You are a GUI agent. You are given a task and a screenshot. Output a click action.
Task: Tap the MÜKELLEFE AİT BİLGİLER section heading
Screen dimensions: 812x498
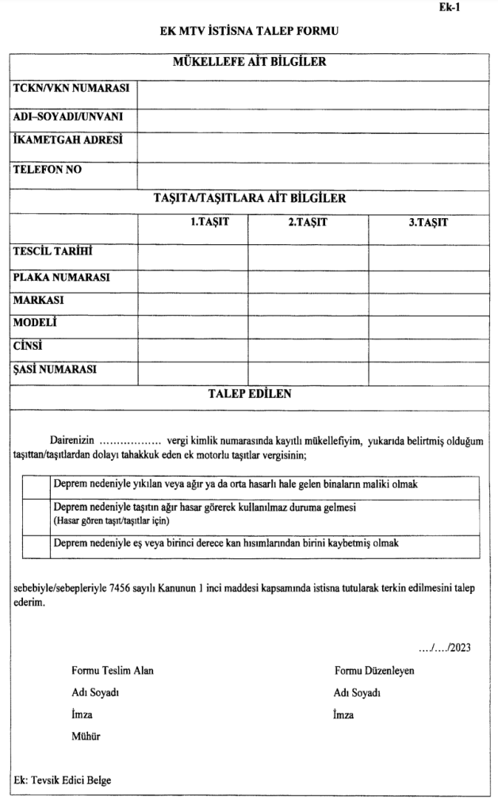coord(249,62)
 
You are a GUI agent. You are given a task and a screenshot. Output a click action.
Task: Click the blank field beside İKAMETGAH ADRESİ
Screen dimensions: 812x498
coord(313,147)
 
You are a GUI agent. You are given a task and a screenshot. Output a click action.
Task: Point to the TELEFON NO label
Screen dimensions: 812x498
coord(48,169)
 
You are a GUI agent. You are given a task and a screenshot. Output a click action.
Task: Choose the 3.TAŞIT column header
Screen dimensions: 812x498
coord(428,222)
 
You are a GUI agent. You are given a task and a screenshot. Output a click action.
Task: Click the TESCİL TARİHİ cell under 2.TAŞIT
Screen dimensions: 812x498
coord(308,255)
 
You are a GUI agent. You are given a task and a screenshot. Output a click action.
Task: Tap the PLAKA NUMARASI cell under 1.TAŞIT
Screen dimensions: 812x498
coord(192,281)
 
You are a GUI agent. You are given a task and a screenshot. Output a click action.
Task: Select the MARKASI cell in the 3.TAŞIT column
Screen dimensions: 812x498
coord(428,304)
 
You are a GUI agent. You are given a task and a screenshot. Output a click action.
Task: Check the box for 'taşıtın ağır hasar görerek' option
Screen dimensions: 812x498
coord(36,514)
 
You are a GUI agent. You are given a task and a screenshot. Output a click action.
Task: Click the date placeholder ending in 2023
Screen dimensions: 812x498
coord(445,647)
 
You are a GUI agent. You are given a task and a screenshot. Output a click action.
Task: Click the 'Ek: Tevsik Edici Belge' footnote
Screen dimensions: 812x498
coord(63,779)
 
